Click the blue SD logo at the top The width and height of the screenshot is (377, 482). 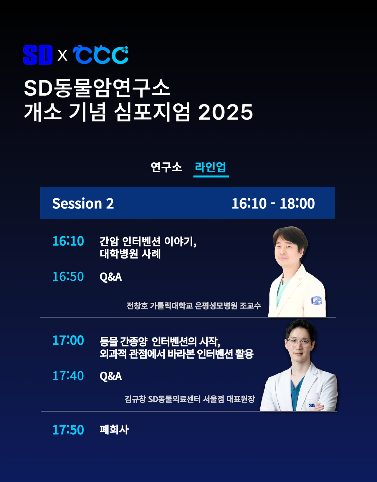pos(38,54)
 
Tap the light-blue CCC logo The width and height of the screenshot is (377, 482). pos(100,54)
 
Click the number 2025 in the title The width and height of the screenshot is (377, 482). pos(225,112)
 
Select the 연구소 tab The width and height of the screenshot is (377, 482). pos(166,167)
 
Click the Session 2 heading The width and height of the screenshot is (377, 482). pos(83,203)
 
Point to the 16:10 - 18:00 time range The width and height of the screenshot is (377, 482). pos(273,203)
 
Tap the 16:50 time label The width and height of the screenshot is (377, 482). pos(68,276)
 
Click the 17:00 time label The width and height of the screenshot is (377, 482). pos(68,340)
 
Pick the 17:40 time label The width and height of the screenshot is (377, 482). pos(68,376)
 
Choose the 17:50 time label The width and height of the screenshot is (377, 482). pos(68,430)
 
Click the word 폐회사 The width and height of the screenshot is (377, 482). pos(114,430)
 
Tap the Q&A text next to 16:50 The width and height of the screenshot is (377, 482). pos(111,277)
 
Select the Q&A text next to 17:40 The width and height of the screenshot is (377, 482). pos(111,376)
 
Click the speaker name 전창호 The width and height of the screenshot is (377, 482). pos(137,305)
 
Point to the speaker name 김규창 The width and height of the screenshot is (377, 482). pos(135,399)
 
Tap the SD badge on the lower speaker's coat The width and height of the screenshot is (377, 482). pos(312,405)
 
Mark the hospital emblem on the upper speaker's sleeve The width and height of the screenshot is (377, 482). pos(316,300)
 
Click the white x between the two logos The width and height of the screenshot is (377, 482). pos(62,55)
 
